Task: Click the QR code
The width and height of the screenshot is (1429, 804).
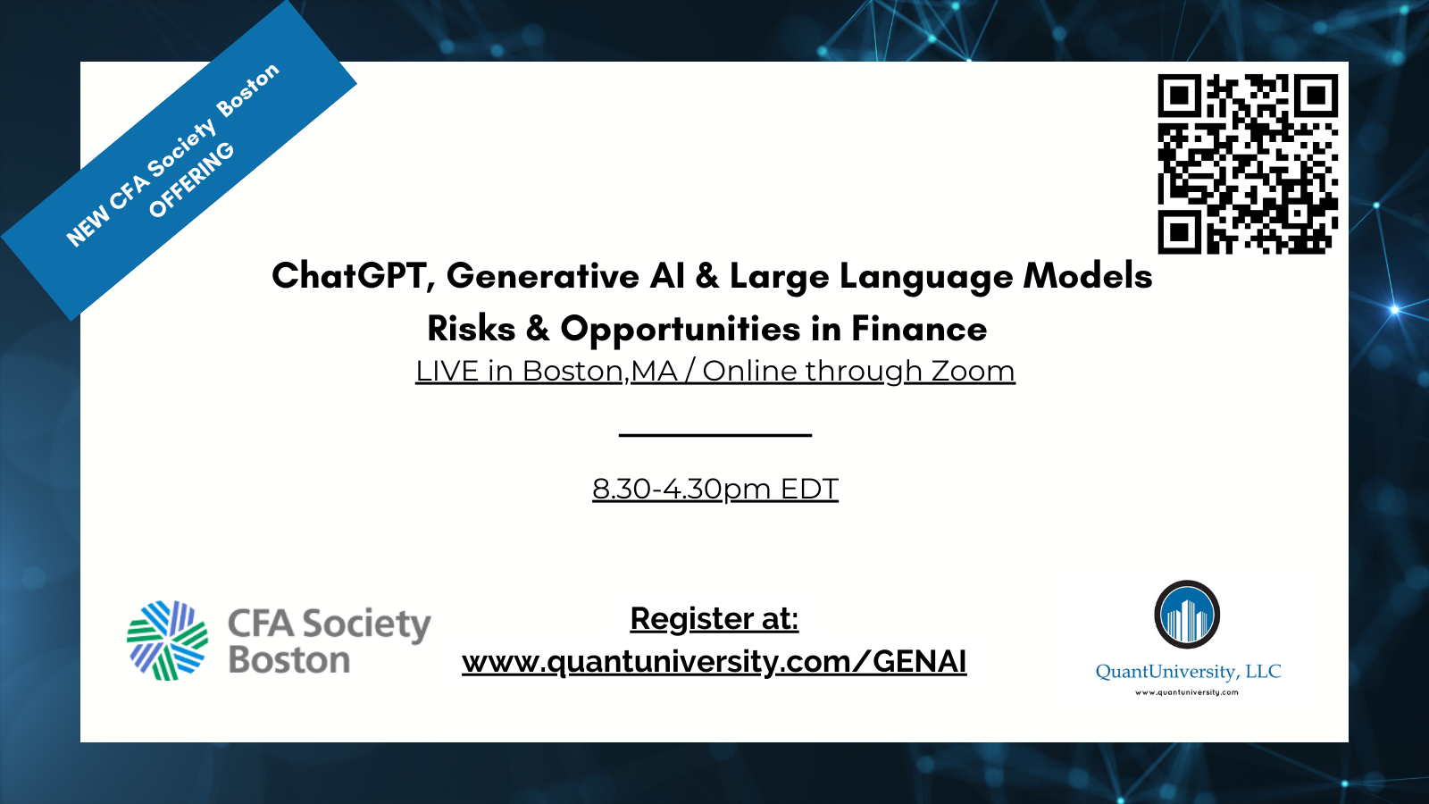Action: (1248, 164)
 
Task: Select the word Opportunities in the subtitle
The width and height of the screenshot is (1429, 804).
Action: (681, 330)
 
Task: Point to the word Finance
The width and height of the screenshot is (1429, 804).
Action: (919, 329)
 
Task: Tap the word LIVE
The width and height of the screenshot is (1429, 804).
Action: (447, 371)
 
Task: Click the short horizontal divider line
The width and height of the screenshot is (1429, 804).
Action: (715, 435)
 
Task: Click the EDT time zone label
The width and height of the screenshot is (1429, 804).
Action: (809, 489)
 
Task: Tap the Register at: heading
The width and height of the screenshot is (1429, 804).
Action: (714, 619)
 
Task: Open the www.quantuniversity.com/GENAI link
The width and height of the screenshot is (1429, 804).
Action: (714, 662)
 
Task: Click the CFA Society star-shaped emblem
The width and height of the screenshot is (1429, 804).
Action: (168, 640)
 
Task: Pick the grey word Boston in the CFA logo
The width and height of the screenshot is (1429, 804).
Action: (289, 660)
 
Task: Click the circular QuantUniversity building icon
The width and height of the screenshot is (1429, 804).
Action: (1187, 615)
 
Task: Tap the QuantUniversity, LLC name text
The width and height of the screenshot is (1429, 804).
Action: (1188, 671)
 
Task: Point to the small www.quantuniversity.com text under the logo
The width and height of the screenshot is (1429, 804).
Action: (1187, 692)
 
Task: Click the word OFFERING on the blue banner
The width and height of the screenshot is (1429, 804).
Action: (191, 180)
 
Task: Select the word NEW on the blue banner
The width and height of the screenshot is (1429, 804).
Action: (88, 227)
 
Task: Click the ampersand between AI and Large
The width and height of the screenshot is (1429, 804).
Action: (706, 276)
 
